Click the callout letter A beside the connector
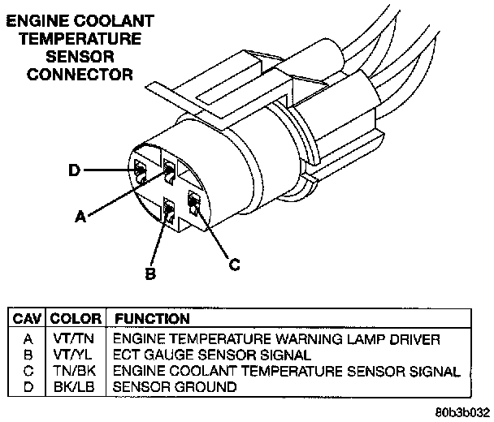pyautogui.click(x=80, y=216)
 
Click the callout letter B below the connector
pyautogui.click(x=149, y=274)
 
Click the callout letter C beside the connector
pyautogui.click(x=233, y=263)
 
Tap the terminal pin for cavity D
pyautogui.click(x=140, y=170)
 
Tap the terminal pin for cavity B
pyautogui.click(x=168, y=212)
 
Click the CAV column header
pyautogui.click(x=26, y=320)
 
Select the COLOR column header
pyautogui.click(x=75, y=320)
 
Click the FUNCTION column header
pyautogui.click(x=152, y=320)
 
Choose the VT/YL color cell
pyautogui.click(x=75, y=355)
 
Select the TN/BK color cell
pyautogui.click(x=75, y=371)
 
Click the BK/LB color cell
pyautogui.click(x=75, y=387)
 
